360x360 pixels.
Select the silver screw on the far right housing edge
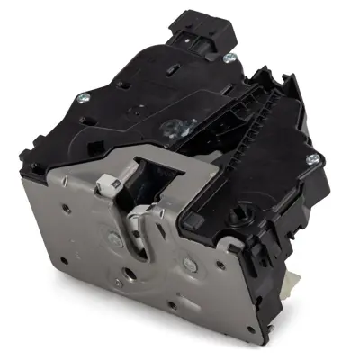[312, 159]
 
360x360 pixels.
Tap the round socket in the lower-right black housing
[241, 217]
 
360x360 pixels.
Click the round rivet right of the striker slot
[187, 263]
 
